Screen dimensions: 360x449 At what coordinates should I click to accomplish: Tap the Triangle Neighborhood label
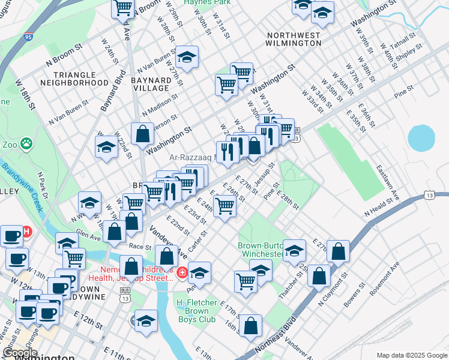tap(81, 78)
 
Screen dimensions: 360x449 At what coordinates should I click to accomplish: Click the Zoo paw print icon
tap(26, 143)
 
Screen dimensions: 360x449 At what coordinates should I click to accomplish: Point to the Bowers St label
tap(351, 299)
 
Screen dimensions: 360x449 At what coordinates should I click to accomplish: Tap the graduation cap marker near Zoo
tap(106, 147)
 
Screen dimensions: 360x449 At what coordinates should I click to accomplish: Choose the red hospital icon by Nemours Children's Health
tap(182, 274)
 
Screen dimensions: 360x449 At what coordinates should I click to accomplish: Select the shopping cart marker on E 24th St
tap(224, 205)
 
